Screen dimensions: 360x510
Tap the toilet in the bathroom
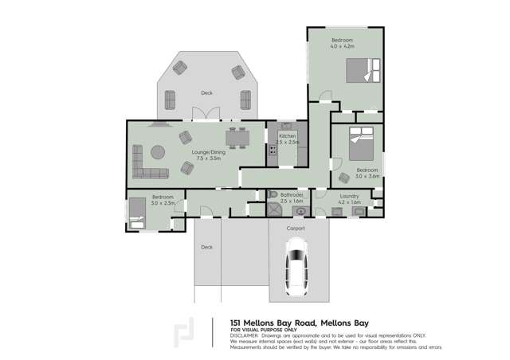point(273,194)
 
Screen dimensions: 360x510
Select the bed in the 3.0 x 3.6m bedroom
point(359,147)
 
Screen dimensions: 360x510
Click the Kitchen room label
point(287,136)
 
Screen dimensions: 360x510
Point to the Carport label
point(296,228)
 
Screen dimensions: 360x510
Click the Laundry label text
point(349,195)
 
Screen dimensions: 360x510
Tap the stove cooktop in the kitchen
point(273,149)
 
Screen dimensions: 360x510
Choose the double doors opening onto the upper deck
point(206,118)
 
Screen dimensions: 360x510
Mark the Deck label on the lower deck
point(207,247)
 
